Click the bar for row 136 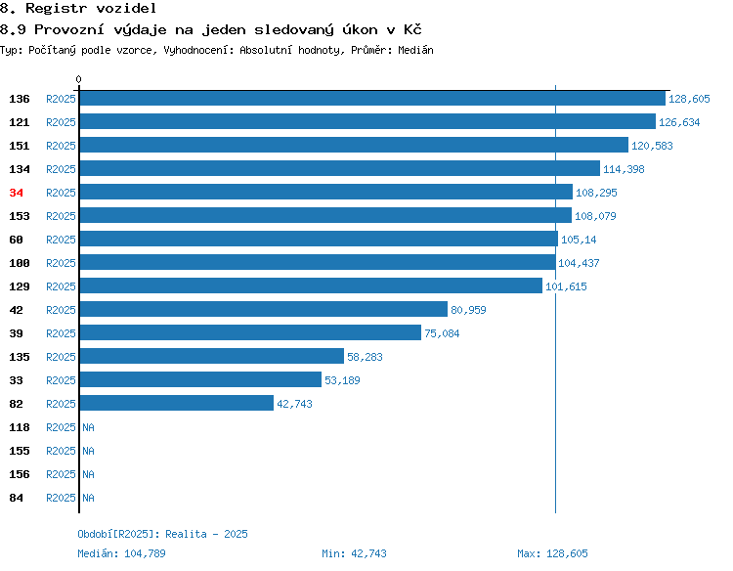coord(372,98)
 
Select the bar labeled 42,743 coord(177,403)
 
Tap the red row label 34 coord(16,193)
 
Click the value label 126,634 coord(679,122)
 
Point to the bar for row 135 coord(212,356)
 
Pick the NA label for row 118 coord(88,427)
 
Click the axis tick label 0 coord(78,79)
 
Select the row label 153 coord(20,216)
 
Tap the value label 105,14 coord(579,240)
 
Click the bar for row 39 coord(250,332)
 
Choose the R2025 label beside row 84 coord(61,498)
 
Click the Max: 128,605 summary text coord(552,553)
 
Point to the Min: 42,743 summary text coord(355,553)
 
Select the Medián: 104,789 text coord(121,553)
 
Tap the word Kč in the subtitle coord(412,29)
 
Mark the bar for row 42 coord(264,309)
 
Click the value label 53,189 coord(342,380)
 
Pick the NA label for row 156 coord(88,474)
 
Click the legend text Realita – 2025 coord(206,534)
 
